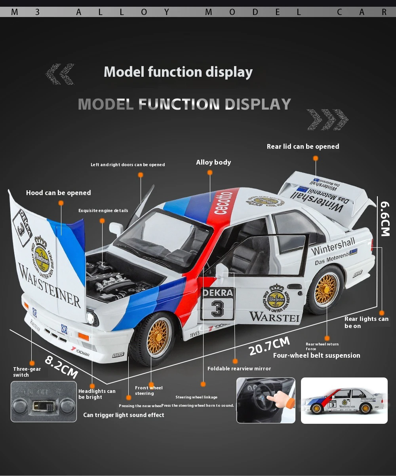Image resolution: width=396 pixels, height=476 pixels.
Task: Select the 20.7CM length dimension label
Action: coord(270,345)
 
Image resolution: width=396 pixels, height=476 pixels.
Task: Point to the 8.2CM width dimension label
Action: coord(61,366)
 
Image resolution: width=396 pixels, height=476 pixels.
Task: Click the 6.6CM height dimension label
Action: coord(386,219)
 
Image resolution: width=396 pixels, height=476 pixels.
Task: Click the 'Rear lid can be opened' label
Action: coord(303,146)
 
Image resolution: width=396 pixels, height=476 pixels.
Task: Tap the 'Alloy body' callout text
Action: coord(213,162)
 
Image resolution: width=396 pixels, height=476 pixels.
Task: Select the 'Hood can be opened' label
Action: coord(59,193)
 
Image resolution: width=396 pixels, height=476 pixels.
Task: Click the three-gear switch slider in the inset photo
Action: coord(44,406)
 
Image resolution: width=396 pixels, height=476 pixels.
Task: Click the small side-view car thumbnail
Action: coord(344,401)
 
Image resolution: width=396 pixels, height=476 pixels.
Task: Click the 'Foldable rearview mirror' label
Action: coord(239,368)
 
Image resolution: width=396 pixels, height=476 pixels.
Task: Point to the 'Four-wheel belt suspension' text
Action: coord(317,355)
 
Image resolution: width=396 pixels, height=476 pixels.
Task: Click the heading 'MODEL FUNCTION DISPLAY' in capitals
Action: coord(185,104)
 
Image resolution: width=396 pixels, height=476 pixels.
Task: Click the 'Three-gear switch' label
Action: coord(27,372)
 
